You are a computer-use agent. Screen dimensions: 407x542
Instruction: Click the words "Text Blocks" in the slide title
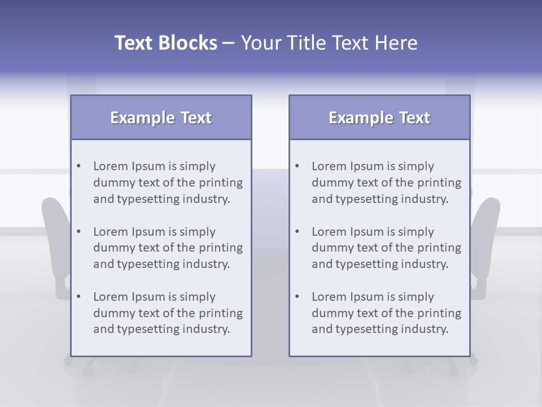click(165, 43)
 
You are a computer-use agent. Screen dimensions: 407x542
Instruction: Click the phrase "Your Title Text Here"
click(329, 43)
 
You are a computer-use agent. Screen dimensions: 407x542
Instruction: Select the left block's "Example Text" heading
click(161, 118)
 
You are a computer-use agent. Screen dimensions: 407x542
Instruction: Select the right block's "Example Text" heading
click(379, 118)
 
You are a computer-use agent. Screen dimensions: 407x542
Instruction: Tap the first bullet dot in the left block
click(79, 166)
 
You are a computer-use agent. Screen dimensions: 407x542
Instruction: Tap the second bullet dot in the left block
click(79, 232)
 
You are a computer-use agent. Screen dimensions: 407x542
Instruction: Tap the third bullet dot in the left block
click(79, 297)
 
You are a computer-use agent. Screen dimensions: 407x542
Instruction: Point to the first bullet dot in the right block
click(298, 166)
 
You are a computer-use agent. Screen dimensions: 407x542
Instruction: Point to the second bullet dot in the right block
click(298, 232)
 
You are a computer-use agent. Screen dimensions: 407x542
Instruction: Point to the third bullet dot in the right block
click(298, 297)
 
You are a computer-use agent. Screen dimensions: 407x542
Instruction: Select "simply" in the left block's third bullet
click(198, 297)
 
